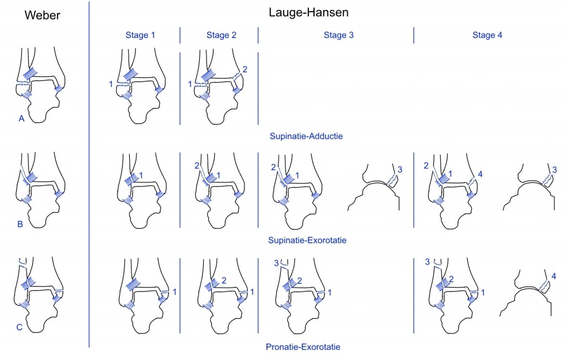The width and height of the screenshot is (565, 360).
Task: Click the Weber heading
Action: click(x=42, y=15)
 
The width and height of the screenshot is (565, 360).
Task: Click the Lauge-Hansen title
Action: click(x=308, y=13)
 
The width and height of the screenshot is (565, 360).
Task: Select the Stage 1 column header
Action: click(x=140, y=35)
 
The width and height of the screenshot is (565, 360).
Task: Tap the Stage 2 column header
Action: click(x=221, y=35)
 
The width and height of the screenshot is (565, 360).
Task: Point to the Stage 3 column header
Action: click(x=339, y=35)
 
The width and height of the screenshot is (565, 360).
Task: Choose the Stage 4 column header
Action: click(x=487, y=35)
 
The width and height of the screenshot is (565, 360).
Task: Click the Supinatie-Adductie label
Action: click(x=306, y=136)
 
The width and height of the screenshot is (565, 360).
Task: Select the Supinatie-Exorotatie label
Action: click(x=307, y=240)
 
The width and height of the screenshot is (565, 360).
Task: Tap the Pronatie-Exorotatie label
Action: click(x=303, y=347)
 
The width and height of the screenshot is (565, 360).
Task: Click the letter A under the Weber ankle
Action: click(x=22, y=119)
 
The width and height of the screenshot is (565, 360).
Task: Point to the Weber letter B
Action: click(x=20, y=224)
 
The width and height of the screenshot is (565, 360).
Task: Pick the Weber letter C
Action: click(x=19, y=327)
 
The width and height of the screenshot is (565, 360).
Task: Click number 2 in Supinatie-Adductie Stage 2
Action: click(x=245, y=69)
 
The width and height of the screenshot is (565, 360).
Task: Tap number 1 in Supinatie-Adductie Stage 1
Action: click(x=111, y=84)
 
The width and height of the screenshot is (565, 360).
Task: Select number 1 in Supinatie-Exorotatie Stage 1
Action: click(x=141, y=176)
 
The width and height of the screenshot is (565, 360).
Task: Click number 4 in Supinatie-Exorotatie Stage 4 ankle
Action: click(x=480, y=174)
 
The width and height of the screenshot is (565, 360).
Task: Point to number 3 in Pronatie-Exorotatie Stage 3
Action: click(x=276, y=263)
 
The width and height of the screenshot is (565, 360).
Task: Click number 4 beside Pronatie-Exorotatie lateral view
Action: click(x=554, y=276)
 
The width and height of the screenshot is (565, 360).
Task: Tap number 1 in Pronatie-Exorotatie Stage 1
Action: click(x=175, y=292)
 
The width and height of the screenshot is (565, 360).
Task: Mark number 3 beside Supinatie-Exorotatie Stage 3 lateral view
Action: click(x=400, y=170)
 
